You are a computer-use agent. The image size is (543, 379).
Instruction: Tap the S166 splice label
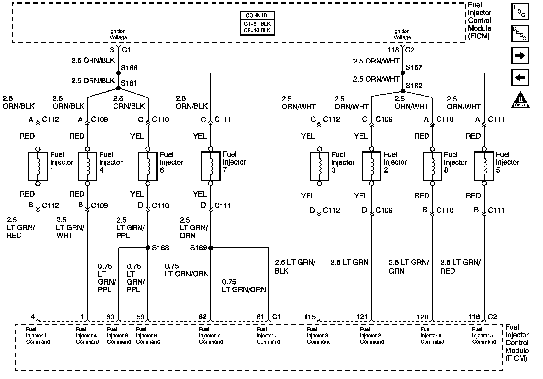point(129,68)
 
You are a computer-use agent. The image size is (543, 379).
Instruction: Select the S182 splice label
point(414,86)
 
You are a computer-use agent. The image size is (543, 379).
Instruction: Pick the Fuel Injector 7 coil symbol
point(211,166)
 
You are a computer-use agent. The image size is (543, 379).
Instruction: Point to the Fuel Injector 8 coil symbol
point(432,166)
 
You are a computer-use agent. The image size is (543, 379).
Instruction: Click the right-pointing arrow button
point(520,56)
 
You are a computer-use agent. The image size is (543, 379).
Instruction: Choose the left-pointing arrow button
point(520,78)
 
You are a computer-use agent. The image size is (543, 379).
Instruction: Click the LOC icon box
point(520,12)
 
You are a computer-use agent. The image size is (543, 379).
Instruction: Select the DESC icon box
point(520,34)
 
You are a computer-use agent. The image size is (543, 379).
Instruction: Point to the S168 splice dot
point(148,248)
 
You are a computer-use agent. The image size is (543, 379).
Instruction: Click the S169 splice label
point(198,248)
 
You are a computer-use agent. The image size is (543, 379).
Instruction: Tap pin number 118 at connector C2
point(393,50)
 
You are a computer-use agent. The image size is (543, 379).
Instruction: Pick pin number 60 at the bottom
point(110,317)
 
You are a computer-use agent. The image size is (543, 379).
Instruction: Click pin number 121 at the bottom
point(362,317)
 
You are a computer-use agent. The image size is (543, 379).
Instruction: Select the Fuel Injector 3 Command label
point(318,335)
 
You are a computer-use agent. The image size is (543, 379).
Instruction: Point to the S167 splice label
point(414,67)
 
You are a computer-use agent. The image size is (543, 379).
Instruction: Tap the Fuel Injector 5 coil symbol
point(484,166)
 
